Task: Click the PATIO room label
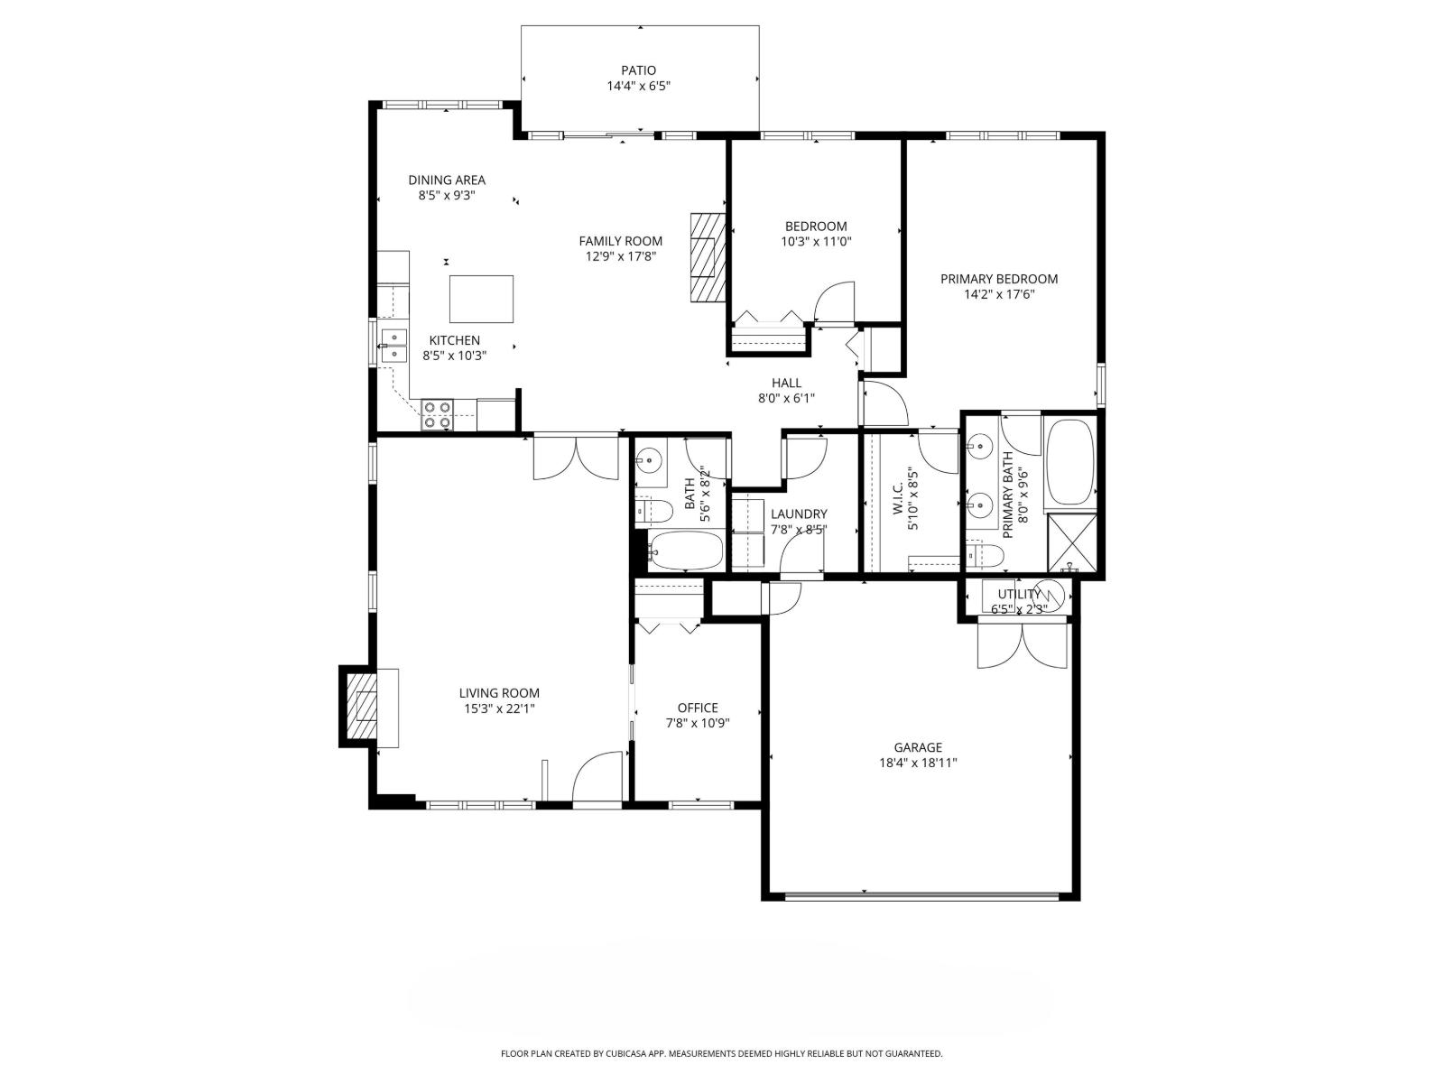638,70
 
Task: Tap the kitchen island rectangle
481,299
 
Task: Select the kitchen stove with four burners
438,414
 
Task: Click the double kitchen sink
393,346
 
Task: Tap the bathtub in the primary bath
1069,462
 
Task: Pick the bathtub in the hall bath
686,551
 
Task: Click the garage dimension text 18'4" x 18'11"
918,763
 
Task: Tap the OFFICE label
698,708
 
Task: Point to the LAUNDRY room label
799,514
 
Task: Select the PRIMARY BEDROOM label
999,279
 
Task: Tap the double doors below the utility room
1023,646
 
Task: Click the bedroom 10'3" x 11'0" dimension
816,242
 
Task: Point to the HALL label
786,383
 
